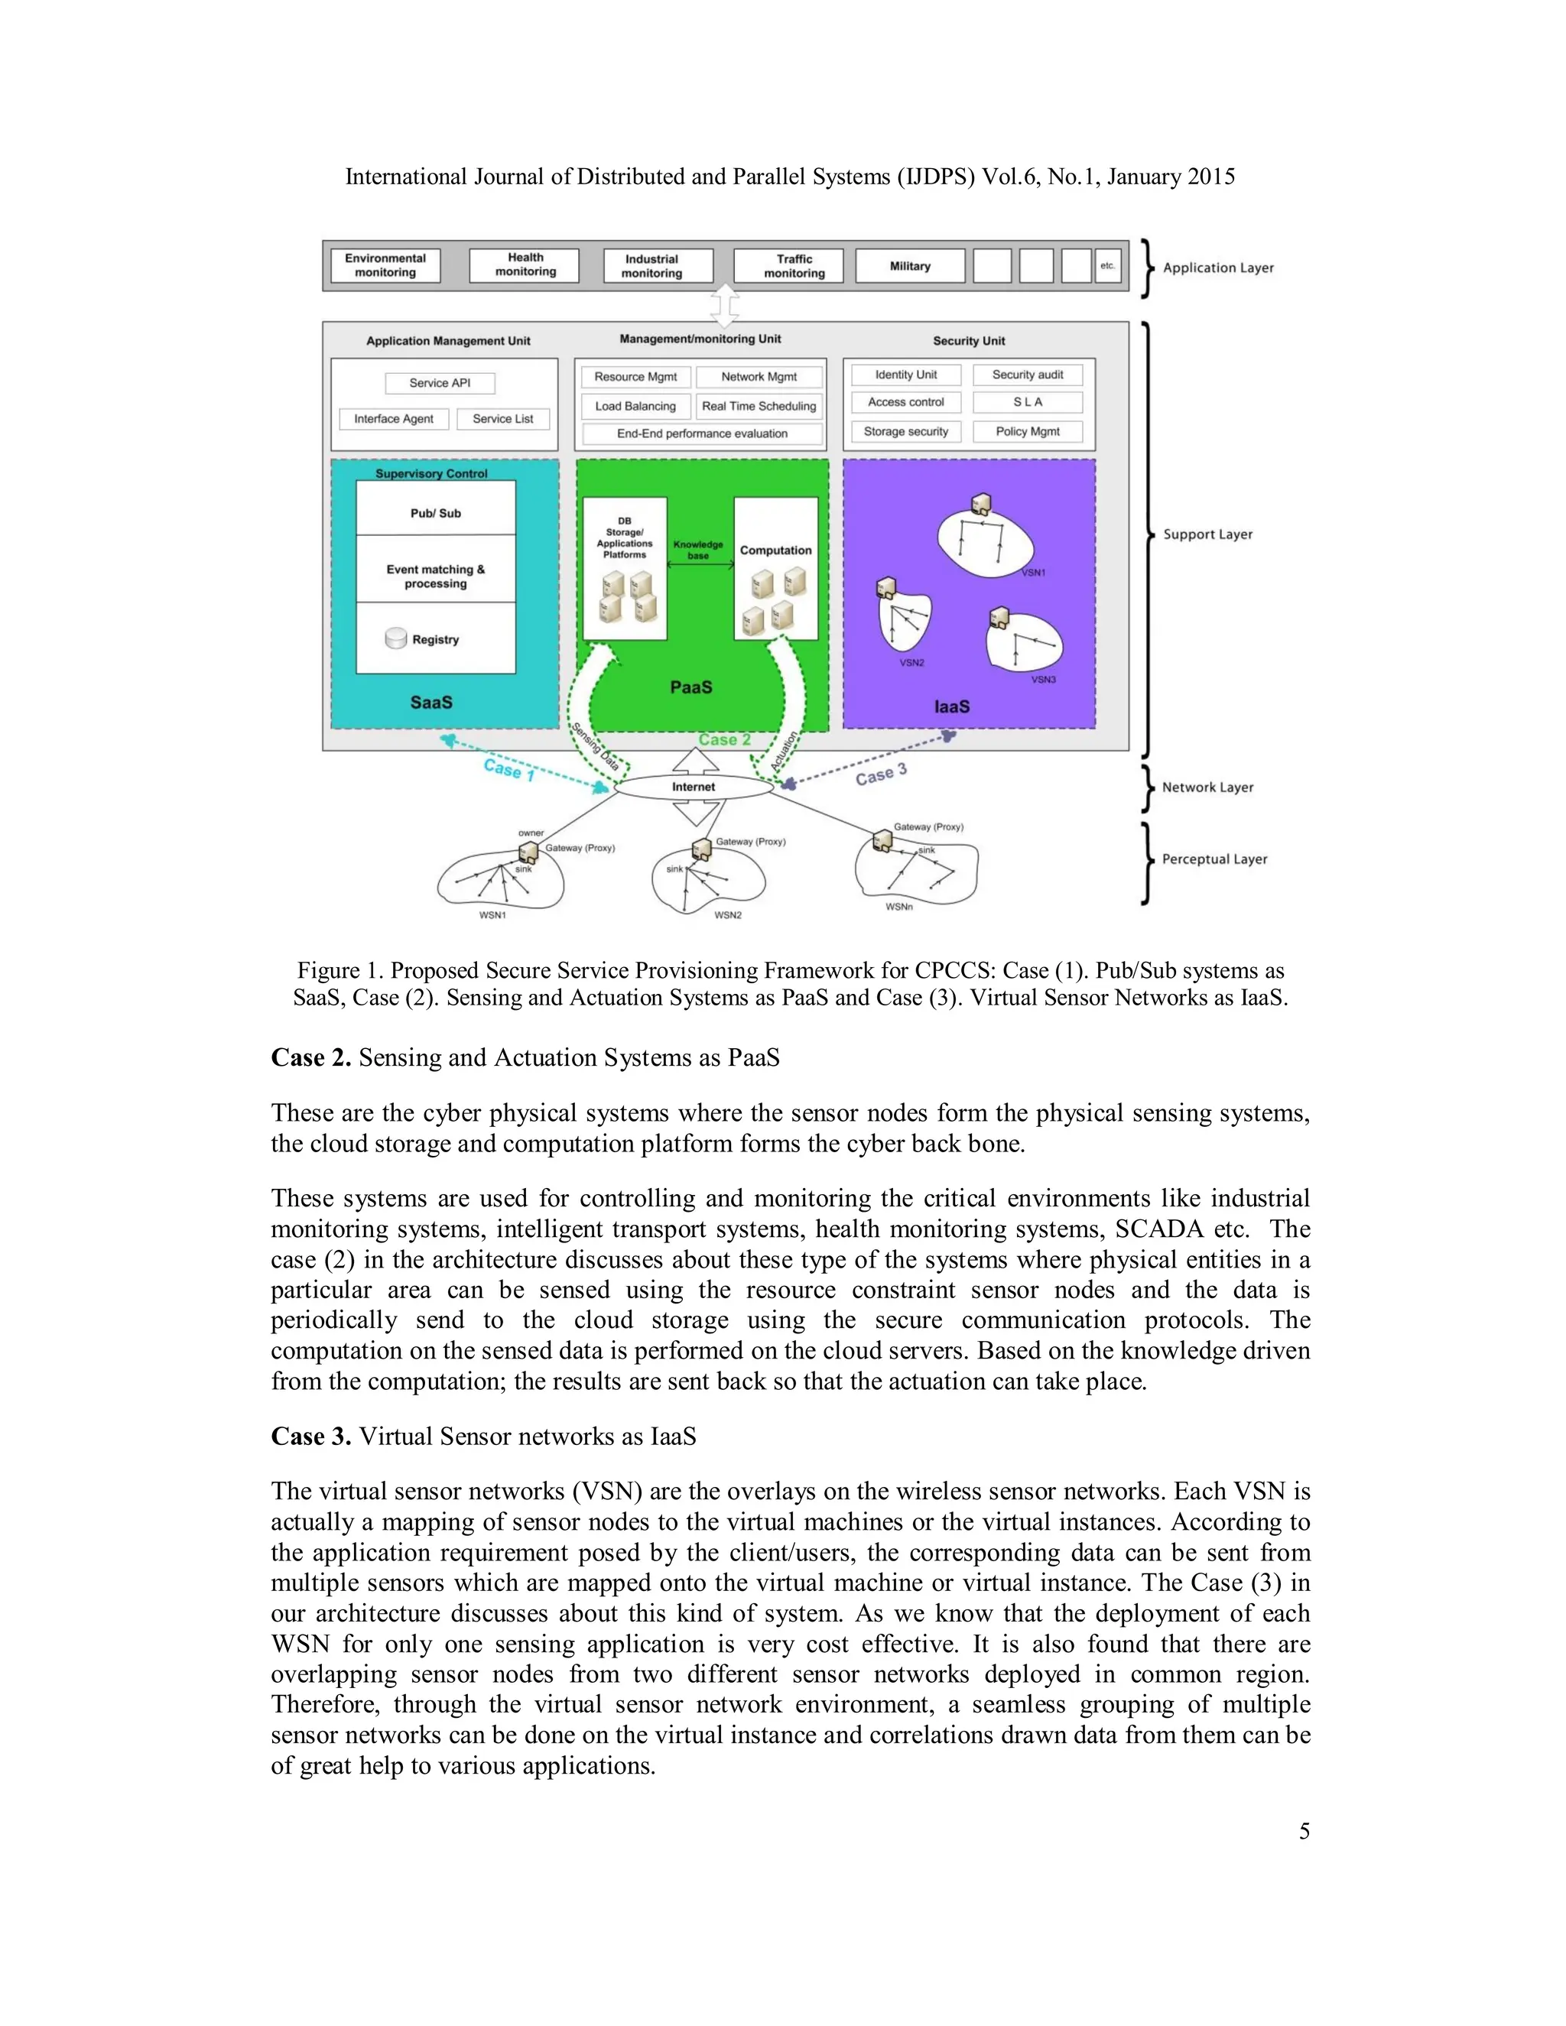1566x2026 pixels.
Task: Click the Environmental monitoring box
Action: point(385,265)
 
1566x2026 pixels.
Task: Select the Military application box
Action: point(909,266)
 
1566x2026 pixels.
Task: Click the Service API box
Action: point(440,383)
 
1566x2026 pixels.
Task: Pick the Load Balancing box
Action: point(635,406)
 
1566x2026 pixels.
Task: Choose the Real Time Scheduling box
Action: point(759,406)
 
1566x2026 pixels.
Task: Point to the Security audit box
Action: point(1027,375)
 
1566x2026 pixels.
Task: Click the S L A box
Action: point(1027,403)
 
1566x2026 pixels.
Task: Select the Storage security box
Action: point(905,431)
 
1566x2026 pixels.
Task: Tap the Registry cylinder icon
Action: point(396,638)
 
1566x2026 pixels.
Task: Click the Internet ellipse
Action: point(694,787)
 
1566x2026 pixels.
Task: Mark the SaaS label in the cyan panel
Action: point(431,703)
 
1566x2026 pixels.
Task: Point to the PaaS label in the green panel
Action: point(691,687)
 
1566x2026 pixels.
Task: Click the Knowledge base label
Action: point(697,550)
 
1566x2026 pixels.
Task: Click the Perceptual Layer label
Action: point(1214,859)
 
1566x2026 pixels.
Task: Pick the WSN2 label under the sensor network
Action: point(727,914)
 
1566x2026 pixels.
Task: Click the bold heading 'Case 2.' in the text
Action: point(310,1057)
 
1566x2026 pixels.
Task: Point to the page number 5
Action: point(1304,1831)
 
